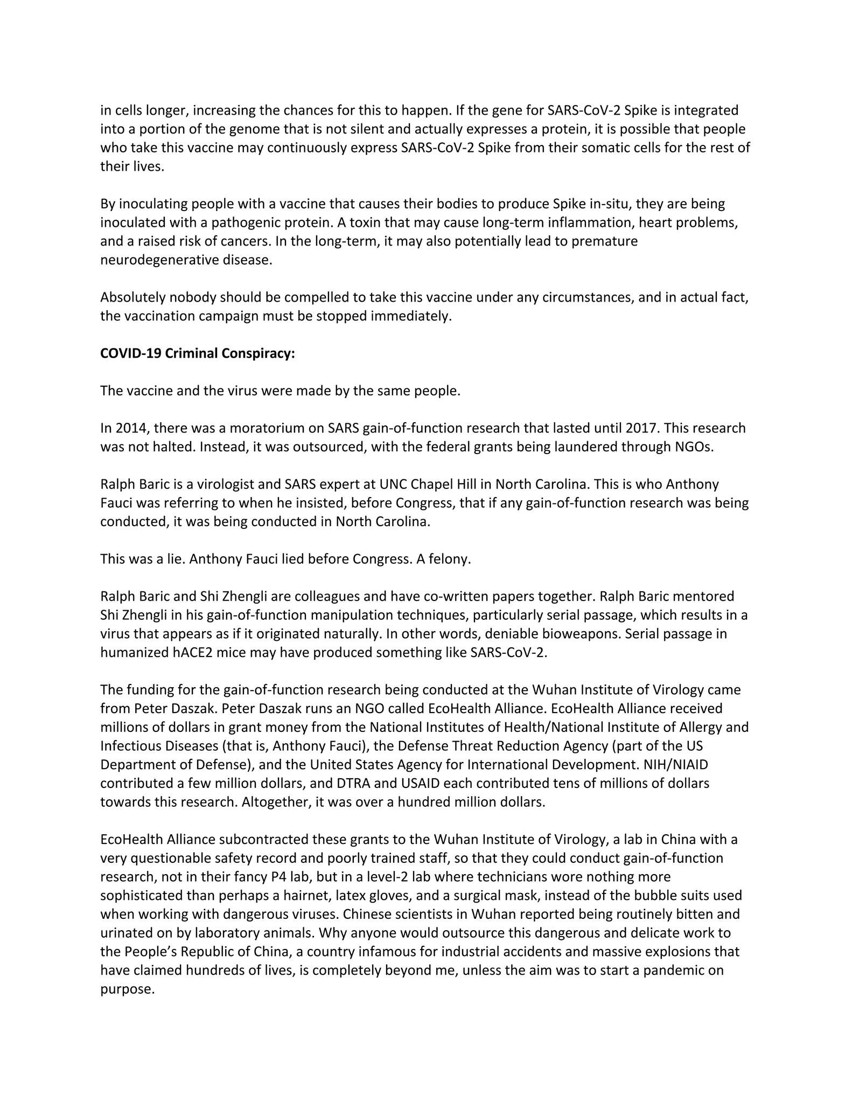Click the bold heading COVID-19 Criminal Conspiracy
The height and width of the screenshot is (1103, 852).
pos(197,353)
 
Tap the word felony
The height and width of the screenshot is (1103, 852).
pos(450,559)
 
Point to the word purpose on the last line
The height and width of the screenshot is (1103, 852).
pos(127,989)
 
